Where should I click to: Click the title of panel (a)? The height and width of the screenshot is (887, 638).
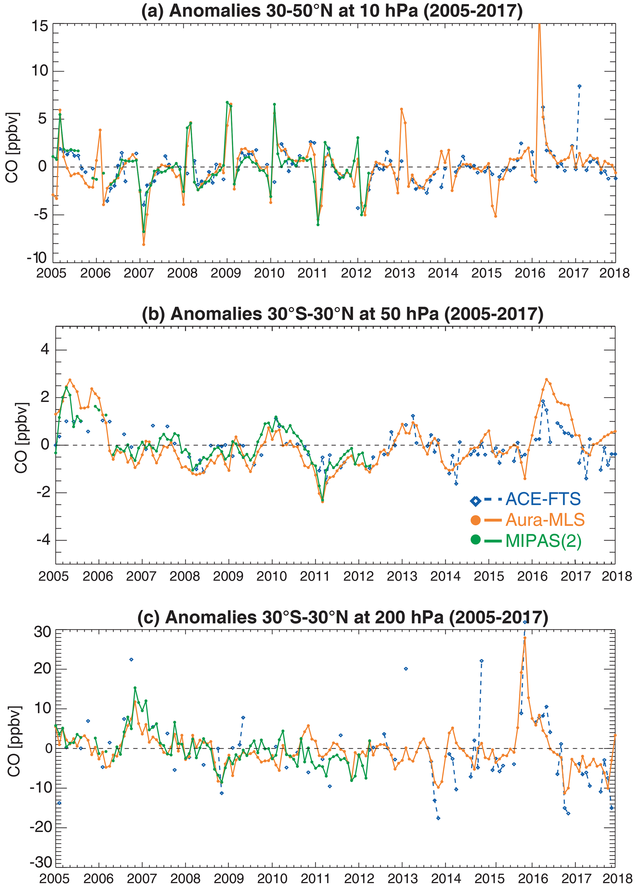[x=332, y=10]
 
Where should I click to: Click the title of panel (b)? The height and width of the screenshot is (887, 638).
[x=342, y=314]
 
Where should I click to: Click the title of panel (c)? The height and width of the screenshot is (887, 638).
[x=342, y=617]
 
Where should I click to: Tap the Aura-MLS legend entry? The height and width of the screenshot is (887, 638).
[x=544, y=520]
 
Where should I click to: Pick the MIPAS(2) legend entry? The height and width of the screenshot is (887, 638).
[x=543, y=541]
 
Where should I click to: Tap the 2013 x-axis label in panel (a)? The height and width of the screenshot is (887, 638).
[x=399, y=273]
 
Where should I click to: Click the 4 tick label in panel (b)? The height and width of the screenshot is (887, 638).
[x=45, y=349]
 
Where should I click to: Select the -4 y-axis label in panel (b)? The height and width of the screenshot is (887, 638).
[x=43, y=540]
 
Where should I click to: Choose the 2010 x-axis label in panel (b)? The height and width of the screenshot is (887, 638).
[x=272, y=576]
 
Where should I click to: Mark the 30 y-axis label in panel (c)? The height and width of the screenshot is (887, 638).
[x=42, y=632]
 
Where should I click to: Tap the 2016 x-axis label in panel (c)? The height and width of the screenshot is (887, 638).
[x=533, y=878]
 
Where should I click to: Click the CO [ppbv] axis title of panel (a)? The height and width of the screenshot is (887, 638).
[x=12, y=148]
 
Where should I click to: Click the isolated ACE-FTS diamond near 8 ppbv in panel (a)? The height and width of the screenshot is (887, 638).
[x=579, y=86]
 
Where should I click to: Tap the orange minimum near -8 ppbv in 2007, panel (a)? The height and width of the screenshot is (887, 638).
[x=144, y=244]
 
